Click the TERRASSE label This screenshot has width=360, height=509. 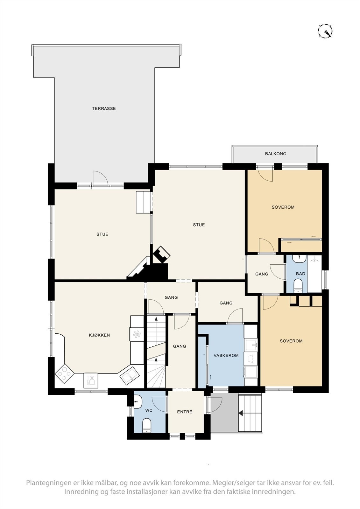coord(104,108)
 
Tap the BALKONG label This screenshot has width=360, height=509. coord(275,154)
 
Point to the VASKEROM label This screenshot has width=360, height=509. coord(226,356)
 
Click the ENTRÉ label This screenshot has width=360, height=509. coord(185,412)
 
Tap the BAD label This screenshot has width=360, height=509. coord(300,274)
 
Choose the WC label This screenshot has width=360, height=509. coord(149,411)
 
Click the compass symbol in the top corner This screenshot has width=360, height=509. coord(325,31)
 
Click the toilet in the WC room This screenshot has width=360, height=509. coord(147,426)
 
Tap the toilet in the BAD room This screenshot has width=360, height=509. coord(298,286)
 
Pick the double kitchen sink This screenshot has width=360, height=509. coord(129,376)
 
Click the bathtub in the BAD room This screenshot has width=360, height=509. coord(314,274)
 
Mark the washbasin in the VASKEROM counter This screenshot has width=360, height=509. coord(251,345)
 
